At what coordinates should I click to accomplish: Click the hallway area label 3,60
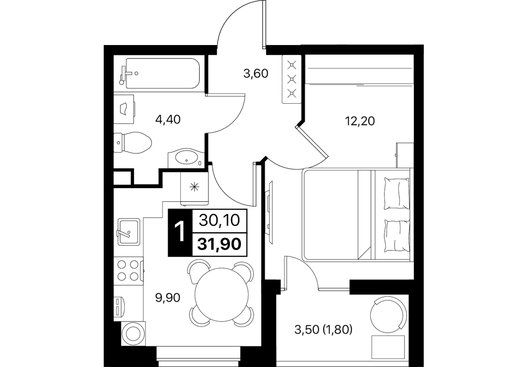[256, 73]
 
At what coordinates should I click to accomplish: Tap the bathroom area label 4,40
[168, 119]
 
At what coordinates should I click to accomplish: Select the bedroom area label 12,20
[360, 121]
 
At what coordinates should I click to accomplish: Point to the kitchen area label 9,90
[168, 298]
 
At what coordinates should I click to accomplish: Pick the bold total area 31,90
[219, 244]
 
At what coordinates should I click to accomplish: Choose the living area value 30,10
[220, 220]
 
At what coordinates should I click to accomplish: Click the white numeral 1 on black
[180, 232]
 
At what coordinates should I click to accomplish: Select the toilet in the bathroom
[132, 142]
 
